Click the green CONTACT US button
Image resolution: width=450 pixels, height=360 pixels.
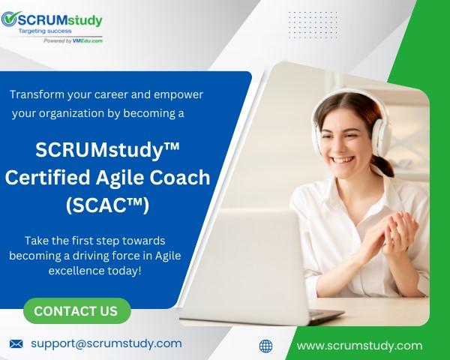click(77, 311)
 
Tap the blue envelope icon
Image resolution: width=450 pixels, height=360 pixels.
click(16, 343)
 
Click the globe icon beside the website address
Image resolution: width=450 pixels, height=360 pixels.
click(265, 346)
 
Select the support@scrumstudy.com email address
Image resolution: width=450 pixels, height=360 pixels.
click(106, 344)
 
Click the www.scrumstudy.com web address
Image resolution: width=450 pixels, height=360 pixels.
click(359, 346)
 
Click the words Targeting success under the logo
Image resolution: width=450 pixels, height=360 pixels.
click(45, 31)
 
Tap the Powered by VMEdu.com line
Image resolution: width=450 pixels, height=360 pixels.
click(73, 40)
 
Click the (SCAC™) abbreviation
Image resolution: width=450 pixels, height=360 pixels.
click(107, 205)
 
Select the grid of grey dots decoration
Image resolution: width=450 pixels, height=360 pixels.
click(313, 25)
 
